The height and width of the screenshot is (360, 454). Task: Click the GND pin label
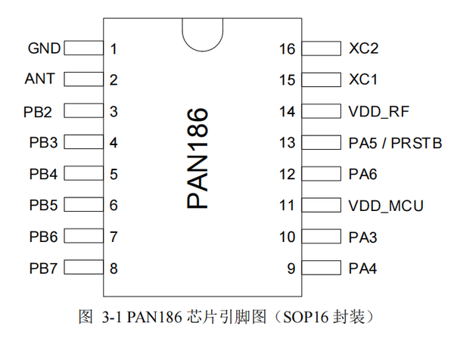coord(44,49)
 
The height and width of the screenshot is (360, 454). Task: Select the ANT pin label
coord(40,79)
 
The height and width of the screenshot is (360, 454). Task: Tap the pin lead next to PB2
coord(84,111)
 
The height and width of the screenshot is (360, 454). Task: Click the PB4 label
coord(43,174)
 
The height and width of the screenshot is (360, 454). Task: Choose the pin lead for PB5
coord(84,205)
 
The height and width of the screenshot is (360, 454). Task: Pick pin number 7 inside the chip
coord(113,237)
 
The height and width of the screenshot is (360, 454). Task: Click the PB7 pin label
coord(43,268)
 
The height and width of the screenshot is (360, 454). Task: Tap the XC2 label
coord(364,49)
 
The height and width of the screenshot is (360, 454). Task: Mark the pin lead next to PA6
coord(322,174)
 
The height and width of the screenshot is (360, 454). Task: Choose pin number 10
coord(287,237)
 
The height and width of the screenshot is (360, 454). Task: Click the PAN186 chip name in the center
coord(198,158)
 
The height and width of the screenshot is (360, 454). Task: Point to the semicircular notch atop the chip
coord(203,32)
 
